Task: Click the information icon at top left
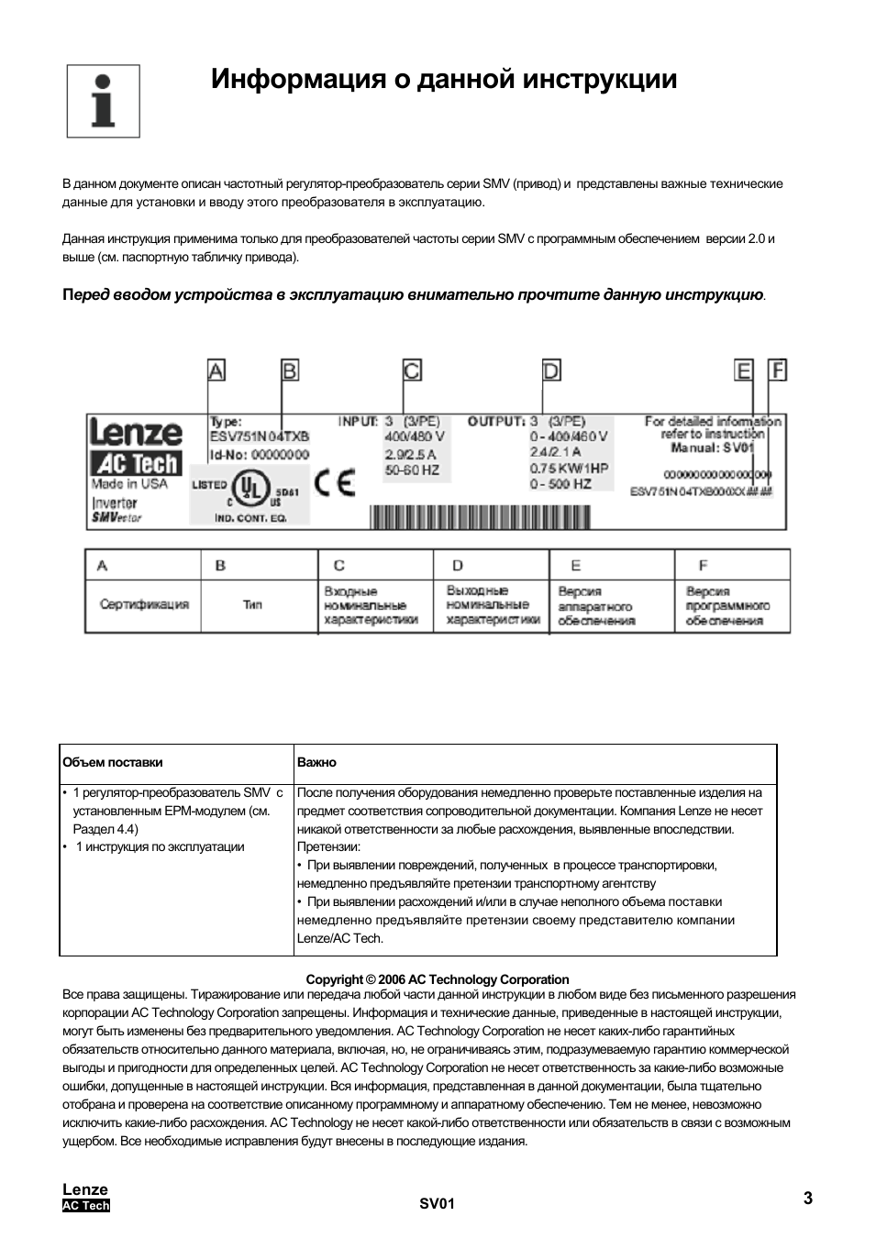coord(103,101)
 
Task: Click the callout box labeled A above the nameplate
coord(216,370)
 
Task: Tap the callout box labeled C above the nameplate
coord(412,370)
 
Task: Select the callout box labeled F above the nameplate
coord(778,370)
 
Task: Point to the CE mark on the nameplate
coord(334,483)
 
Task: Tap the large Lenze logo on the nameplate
coord(135,432)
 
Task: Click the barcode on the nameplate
coord(480,518)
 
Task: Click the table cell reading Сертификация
coord(144,604)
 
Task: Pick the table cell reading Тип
coord(252,604)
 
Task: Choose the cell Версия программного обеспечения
coord(728,606)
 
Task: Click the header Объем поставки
coord(113,762)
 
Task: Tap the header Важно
coord(316,762)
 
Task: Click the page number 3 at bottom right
coord(807,1198)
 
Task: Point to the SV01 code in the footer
coord(438,1204)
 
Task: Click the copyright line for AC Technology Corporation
coord(438,979)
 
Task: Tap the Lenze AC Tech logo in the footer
coord(85,1198)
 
